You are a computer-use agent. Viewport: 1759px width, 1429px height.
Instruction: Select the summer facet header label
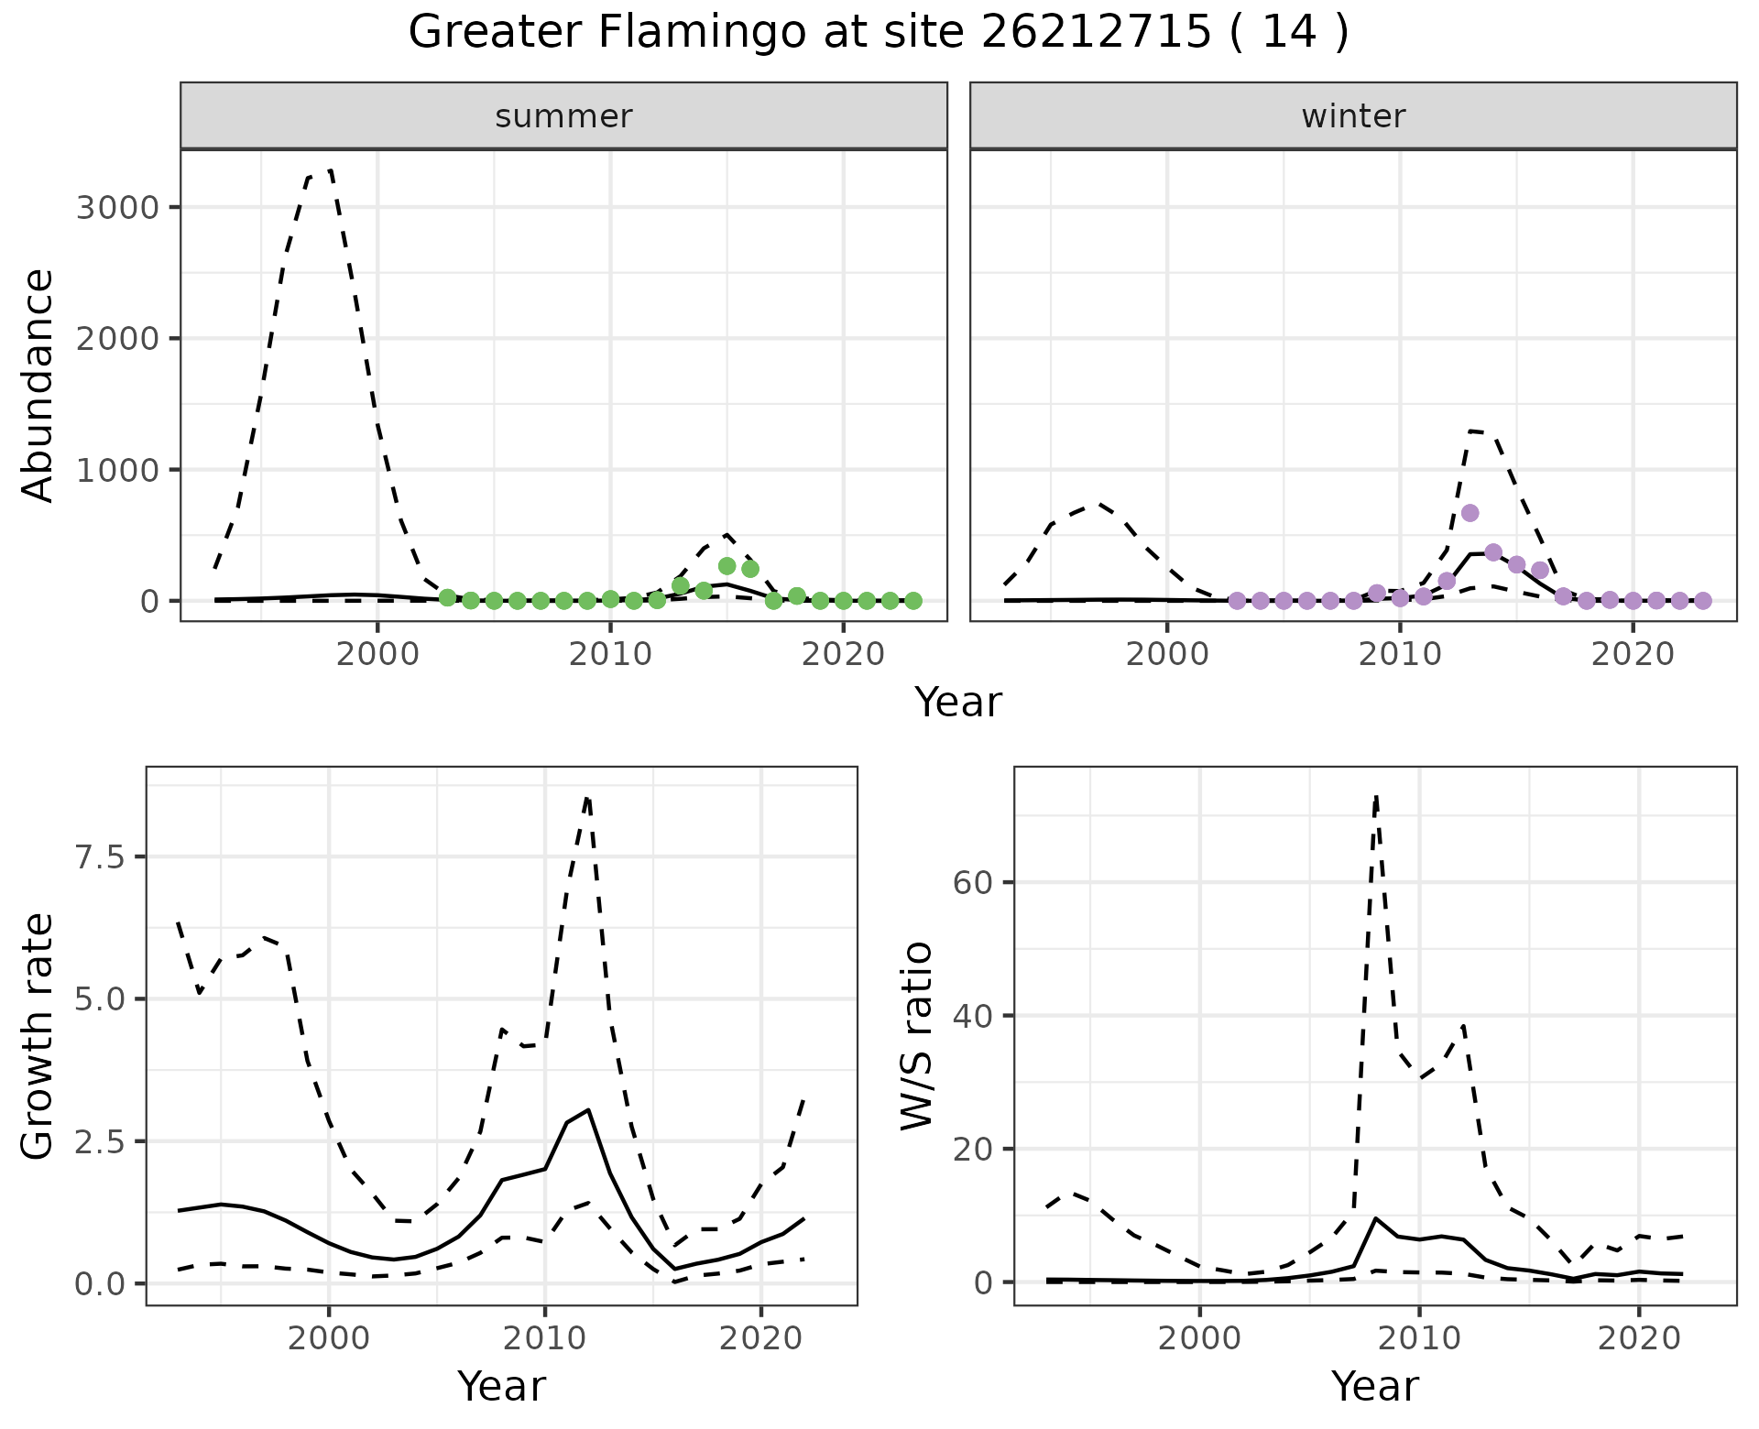click(563, 116)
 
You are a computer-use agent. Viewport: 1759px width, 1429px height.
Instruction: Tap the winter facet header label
click(1353, 116)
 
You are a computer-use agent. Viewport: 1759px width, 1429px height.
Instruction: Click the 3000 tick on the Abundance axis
click(117, 207)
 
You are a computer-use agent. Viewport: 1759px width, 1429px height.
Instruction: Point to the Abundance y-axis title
click(38, 385)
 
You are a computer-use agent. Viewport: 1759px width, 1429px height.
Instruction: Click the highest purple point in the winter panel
click(1469, 513)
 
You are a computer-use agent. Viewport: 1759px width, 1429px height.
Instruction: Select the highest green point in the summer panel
click(727, 566)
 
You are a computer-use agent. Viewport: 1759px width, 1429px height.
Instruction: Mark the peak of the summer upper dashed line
click(330, 170)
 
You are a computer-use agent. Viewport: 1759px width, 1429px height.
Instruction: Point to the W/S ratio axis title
click(917, 1035)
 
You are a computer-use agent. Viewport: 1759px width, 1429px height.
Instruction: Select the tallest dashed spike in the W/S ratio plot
click(1376, 797)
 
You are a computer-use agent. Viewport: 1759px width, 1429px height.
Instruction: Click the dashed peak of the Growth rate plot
click(587, 797)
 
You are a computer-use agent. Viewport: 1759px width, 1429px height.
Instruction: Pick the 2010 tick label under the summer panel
click(609, 655)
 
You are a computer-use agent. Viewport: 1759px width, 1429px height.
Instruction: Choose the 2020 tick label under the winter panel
click(1632, 655)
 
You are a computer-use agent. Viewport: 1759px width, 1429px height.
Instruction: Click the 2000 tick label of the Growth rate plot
click(329, 1338)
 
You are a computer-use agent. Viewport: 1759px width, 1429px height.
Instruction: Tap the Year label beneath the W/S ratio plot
click(1374, 1386)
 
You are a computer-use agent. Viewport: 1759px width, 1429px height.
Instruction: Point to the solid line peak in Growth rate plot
click(588, 1109)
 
